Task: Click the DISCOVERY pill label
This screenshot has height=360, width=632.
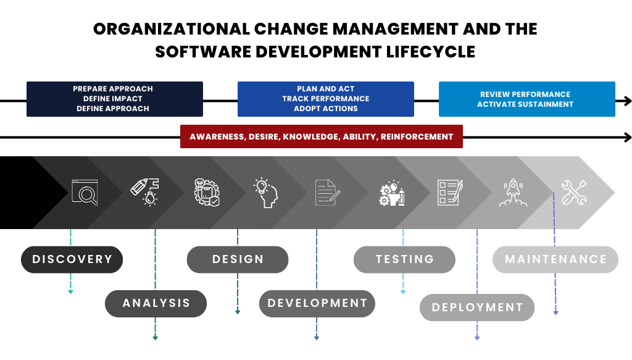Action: coord(72,259)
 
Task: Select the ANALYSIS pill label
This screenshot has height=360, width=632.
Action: coord(156,303)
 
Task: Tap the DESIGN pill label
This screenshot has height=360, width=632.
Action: coord(238,259)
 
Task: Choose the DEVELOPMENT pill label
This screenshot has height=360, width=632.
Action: coord(317,303)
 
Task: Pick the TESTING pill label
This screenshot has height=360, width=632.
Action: coord(404,259)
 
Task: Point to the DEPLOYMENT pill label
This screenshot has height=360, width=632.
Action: coord(477,307)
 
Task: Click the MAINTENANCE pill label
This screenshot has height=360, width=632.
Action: coord(555,259)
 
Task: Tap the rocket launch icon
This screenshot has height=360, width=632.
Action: coord(513,193)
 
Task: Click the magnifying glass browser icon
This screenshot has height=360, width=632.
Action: coord(85,192)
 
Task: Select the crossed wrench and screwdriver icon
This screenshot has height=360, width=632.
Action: coord(574,192)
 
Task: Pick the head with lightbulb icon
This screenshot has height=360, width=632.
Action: coord(266,193)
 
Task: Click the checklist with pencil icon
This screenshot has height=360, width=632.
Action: coord(450,192)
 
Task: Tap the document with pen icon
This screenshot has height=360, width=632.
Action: coord(328,192)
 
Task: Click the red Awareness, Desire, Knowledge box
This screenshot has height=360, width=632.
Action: coord(321,136)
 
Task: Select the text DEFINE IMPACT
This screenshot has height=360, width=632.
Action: coord(113,99)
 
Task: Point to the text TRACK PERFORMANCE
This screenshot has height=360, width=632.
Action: coord(326,99)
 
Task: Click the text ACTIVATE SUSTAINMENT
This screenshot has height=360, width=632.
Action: coord(525,104)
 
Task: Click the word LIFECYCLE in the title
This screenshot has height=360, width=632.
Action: coord(431,52)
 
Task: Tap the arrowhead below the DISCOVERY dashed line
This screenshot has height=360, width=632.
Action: coord(70,291)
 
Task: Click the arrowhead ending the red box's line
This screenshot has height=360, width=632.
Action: coord(628,138)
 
